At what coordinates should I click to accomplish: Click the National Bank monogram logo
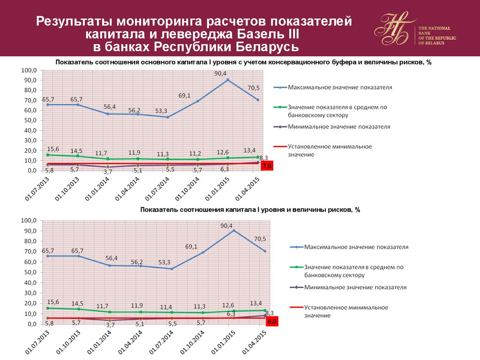pyautogui.click(x=395, y=30)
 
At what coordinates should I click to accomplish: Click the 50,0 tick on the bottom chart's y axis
pyautogui.click(x=29, y=272)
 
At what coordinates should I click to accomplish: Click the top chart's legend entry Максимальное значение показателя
pyautogui.click(x=340, y=87)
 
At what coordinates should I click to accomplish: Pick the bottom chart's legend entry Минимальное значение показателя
pyautogui.click(x=355, y=287)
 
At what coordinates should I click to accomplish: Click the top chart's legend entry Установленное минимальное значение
pyautogui.click(x=330, y=150)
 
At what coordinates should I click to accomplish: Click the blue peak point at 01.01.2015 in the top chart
pyautogui.click(x=228, y=80)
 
